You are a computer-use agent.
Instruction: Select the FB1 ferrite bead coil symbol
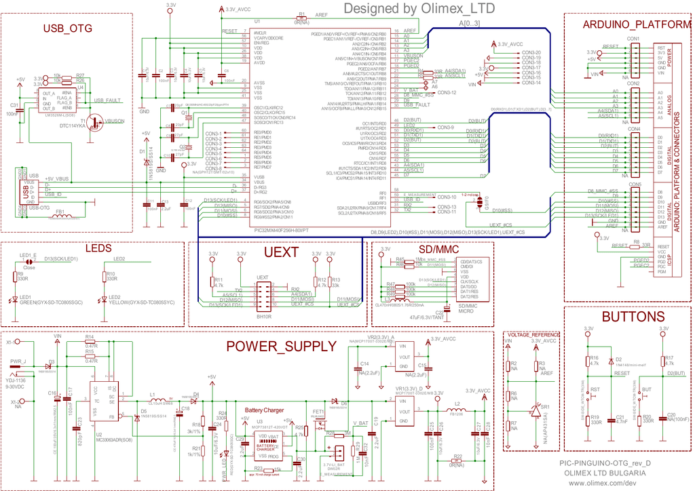[60, 218]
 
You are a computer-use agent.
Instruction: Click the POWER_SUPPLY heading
[281, 347]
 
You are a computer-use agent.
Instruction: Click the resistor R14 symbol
[90, 342]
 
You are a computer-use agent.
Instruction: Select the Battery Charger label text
[264, 411]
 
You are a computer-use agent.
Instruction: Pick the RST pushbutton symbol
[588, 395]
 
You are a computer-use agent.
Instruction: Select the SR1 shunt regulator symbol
[536, 410]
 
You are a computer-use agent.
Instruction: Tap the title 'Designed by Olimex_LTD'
[419, 8]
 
